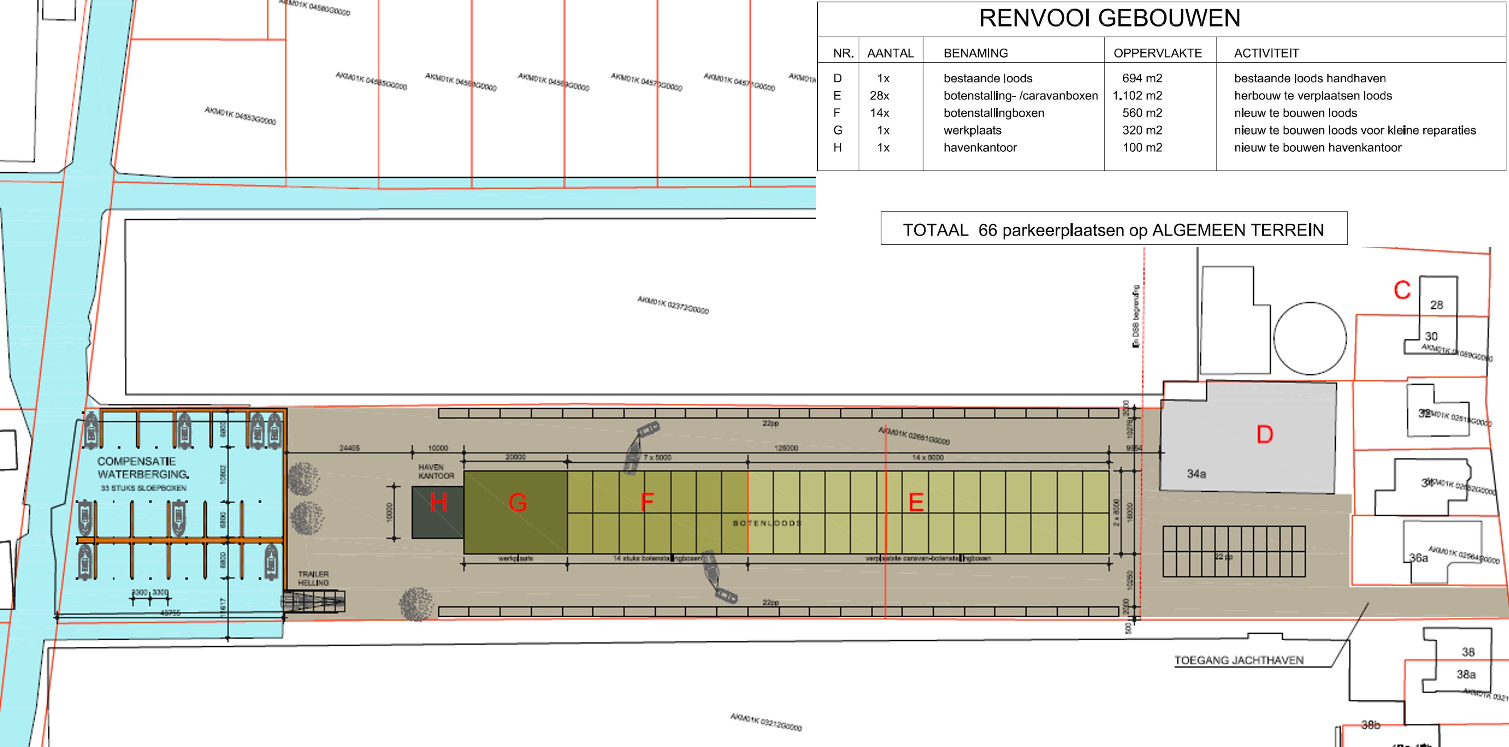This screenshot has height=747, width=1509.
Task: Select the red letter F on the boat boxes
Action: tap(647, 502)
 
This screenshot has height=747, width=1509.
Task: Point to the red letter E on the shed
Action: tap(916, 502)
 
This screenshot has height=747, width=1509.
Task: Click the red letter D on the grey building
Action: tap(1265, 434)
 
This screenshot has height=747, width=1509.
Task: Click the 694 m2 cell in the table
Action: tap(1142, 78)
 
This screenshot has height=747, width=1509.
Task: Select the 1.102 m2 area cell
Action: tap(1137, 95)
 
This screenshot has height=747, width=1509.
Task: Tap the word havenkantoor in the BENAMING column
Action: tap(980, 148)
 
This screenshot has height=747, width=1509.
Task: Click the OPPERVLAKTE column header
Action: tap(1157, 53)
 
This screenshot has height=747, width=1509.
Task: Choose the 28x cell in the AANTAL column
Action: tap(879, 95)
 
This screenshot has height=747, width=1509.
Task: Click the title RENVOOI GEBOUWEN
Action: tap(1109, 18)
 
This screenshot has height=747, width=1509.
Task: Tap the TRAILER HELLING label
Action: tap(313, 578)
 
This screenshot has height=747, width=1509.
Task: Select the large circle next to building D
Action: tap(1310, 338)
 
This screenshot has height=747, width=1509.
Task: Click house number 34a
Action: tap(1196, 474)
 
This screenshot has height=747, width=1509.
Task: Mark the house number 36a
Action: tap(1418, 558)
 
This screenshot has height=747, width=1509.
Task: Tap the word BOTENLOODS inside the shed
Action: tap(767, 523)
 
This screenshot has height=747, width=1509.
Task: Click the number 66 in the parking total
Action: tap(988, 230)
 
